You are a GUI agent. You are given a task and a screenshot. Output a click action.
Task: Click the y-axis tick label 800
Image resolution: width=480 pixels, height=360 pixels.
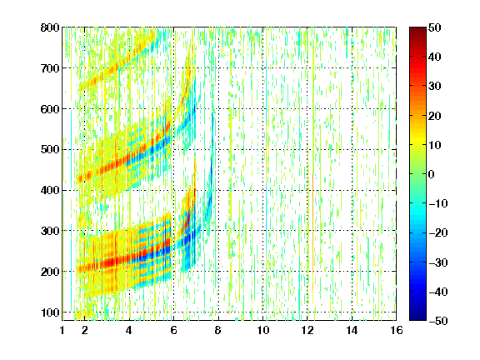click(50, 27)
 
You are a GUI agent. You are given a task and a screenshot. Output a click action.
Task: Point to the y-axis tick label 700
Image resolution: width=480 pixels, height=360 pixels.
click(50, 68)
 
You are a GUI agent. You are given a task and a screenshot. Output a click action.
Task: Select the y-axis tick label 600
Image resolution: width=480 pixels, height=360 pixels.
click(50, 109)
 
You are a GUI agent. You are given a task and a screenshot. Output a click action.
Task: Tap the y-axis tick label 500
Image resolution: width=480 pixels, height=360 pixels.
click(50, 150)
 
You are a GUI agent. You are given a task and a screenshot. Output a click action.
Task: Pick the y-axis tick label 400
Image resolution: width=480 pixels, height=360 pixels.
click(50, 190)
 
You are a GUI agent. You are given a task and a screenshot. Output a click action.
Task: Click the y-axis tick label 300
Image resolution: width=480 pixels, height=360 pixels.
click(50, 231)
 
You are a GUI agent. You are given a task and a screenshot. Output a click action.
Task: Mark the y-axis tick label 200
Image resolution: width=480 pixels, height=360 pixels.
click(50, 272)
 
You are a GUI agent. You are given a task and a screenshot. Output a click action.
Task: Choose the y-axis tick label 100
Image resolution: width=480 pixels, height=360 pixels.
click(50, 312)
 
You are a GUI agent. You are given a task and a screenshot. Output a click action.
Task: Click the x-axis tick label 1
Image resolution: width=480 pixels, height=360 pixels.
click(62, 331)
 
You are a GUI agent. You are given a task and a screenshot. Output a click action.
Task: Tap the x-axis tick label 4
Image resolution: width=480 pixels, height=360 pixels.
click(129, 331)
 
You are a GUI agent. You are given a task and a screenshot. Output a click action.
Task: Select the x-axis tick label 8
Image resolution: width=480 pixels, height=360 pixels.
click(218, 331)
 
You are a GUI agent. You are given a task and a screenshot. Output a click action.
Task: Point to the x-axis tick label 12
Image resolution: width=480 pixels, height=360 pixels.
click(307, 331)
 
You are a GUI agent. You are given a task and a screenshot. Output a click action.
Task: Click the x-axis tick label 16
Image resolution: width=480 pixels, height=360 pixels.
click(397, 331)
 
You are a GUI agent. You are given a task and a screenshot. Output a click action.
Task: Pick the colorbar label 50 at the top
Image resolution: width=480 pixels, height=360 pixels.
click(435, 27)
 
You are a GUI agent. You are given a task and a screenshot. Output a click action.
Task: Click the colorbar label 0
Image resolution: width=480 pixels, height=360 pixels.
click(432, 174)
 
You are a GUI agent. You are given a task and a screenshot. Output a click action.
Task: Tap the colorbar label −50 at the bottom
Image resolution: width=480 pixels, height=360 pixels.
click(438, 321)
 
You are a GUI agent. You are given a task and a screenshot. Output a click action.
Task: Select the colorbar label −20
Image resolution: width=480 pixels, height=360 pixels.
click(438, 233)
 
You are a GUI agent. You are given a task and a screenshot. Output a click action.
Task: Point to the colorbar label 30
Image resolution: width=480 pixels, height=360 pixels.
click(435, 87)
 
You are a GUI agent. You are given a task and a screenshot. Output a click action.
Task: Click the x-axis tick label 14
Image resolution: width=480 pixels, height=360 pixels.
click(352, 331)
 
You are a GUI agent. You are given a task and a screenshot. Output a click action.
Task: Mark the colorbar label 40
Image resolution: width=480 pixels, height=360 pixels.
click(435, 57)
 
